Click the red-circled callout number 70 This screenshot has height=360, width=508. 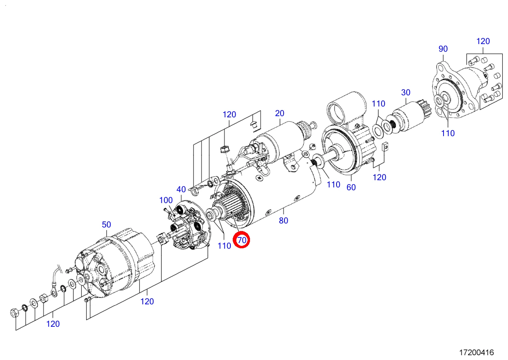242,240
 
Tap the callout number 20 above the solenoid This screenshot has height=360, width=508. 279,113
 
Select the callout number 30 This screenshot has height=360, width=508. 406,93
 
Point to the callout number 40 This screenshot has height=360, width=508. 181,189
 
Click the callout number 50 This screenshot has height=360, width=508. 106,225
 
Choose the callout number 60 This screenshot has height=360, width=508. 351,187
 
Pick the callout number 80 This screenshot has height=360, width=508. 284,221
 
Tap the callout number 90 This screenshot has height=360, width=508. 443,49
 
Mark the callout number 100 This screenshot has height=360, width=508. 166,200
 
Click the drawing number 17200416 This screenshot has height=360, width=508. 477,352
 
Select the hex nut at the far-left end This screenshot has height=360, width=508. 14,313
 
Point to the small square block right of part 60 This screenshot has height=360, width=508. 385,146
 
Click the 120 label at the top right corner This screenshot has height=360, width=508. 483,41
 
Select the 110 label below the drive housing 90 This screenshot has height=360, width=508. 448,133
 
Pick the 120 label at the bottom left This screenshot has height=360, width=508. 53,324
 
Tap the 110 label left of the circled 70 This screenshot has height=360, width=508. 224,246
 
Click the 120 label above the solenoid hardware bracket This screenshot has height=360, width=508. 229,115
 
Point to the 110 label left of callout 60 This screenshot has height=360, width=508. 333,185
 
